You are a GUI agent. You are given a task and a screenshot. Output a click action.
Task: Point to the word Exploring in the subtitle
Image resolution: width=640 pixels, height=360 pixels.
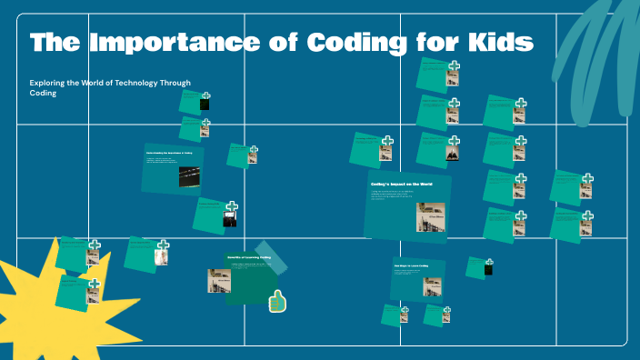click(50, 83)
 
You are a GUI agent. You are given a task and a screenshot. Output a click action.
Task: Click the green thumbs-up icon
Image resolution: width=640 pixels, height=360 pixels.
click(277, 300)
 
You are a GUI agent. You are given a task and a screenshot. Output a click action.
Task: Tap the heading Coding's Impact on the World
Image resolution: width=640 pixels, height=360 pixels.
click(401, 185)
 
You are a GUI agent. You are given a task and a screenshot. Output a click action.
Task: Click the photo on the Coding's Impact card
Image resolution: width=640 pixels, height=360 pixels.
click(429, 216)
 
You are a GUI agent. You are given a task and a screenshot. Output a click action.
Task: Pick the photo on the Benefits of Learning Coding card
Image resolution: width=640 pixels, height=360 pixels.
click(218, 280)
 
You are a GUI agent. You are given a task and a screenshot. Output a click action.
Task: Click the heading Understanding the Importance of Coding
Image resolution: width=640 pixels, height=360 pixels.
click(169, 153)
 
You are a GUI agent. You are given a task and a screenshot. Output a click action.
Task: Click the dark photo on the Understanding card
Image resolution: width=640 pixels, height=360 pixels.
click(188, 176)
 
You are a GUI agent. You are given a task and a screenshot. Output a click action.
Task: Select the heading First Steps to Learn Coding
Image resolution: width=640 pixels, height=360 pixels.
click(411, 265)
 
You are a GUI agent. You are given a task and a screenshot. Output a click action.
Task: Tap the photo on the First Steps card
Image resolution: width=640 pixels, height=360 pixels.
click(431, 286)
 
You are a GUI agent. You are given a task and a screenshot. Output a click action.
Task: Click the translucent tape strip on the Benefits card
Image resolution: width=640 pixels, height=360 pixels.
click(271, 257)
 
